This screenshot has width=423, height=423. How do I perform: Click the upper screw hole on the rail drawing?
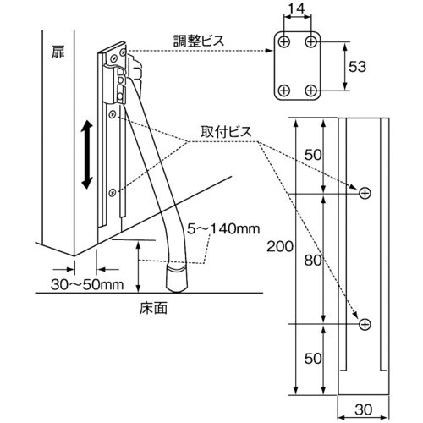pyautogui.click(x=365, y=194)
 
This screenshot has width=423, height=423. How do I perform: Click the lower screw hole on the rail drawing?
pyautogui.click(x=365, y=324)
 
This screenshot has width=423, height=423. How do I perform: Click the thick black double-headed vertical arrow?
pyautogui.click(x=86, y=155)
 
